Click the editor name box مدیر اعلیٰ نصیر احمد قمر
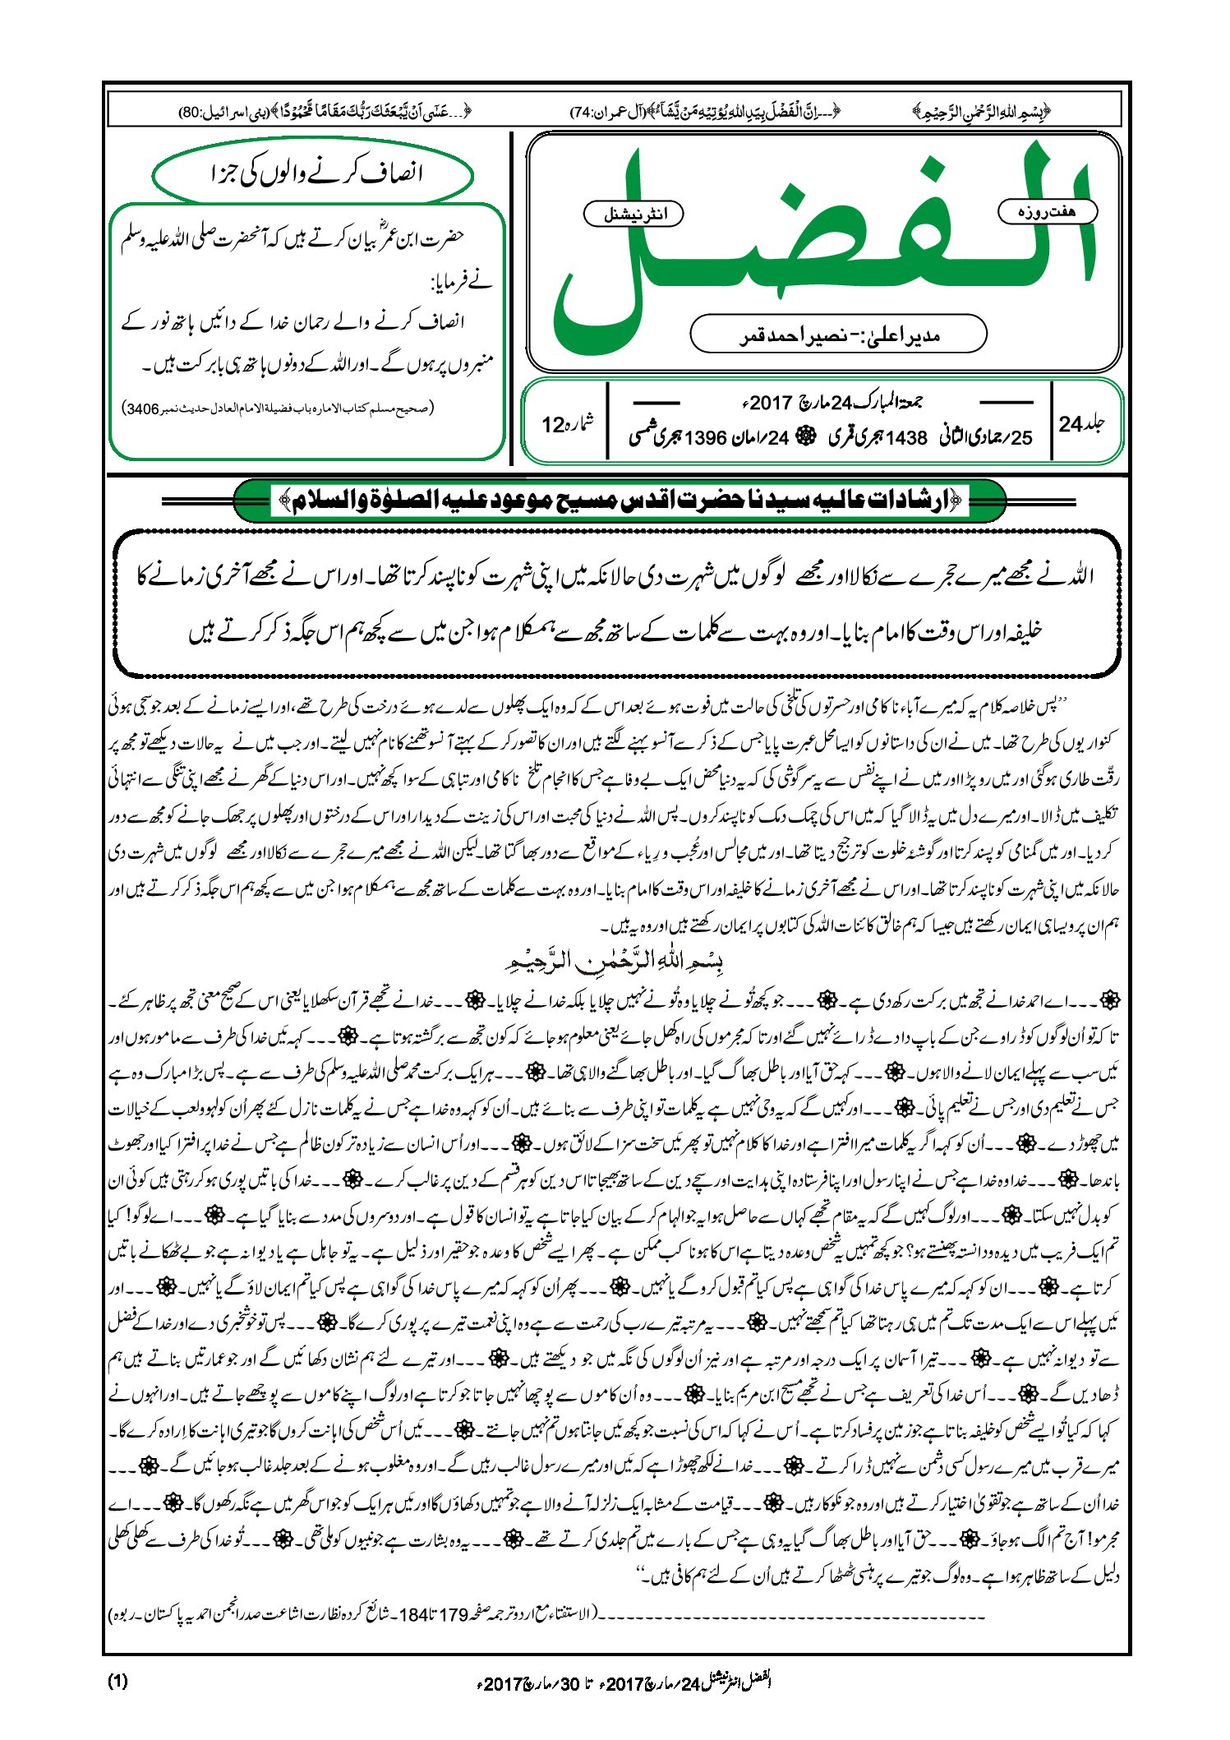click(838, 335)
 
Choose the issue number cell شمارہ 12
click(567, 424)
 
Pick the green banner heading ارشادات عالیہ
click(620, 501)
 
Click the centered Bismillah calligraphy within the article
click(616, 961)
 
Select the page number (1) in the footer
click(117, 1681)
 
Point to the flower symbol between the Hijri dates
click(808, 437)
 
